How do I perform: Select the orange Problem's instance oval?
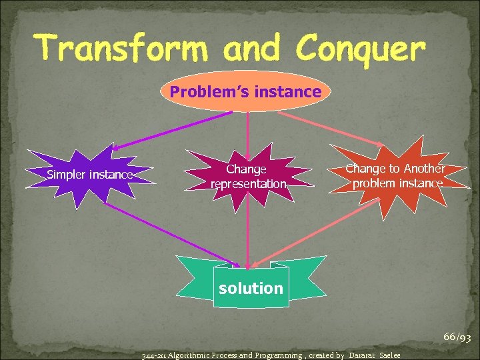click(245, 91)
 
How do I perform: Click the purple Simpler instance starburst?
click(91, 175)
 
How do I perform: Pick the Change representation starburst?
click(247, 177)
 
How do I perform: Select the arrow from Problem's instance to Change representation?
click(247, 127)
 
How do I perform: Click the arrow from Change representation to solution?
click(247, 233)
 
